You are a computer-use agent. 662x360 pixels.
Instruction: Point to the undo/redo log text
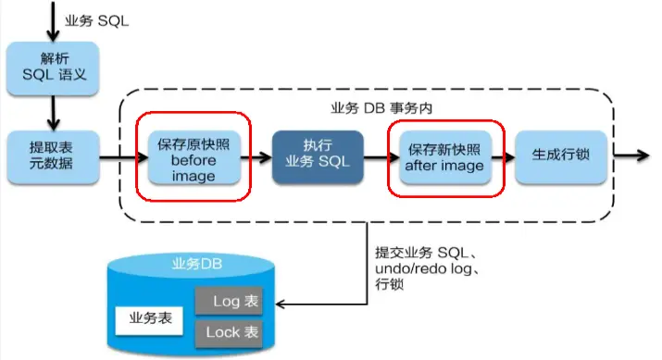pyautogui.click(x=416, y=268)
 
